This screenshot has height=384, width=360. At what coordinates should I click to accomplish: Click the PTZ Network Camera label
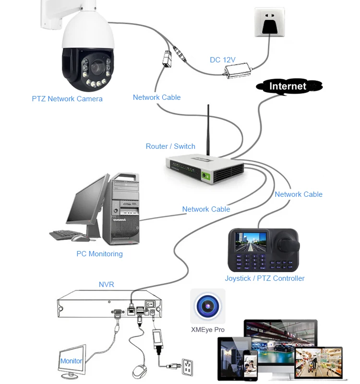click(67, 99)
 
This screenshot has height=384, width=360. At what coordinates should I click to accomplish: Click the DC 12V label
click(222, 60)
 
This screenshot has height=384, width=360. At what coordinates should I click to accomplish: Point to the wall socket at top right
click(269, 22)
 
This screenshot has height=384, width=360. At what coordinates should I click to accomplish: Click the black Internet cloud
click(288, 86)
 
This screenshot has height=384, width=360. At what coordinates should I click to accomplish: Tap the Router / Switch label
click(170, 146)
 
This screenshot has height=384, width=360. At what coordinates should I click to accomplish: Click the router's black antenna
click(208, 130)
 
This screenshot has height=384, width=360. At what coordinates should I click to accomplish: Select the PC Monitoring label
click(99, 254)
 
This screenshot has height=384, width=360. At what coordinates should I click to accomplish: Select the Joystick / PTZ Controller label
click(264, 278)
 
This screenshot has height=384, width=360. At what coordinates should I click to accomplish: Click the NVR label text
click(106, 285)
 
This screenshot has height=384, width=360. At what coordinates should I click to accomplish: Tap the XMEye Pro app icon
click(207, 306)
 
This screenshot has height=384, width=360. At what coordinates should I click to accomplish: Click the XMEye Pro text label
click(207, 330)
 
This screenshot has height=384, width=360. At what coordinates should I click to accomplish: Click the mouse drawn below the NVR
click(139, 372)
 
